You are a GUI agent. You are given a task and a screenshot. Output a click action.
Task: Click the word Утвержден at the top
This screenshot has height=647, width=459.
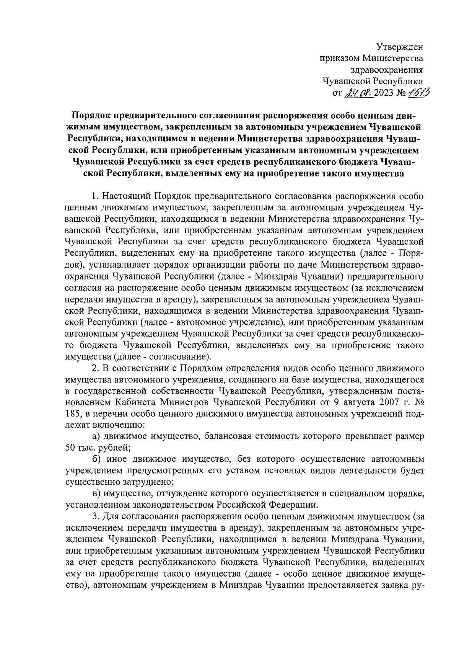coord(400,47)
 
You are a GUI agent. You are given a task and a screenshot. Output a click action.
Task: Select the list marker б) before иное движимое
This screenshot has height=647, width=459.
coord(96,459)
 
